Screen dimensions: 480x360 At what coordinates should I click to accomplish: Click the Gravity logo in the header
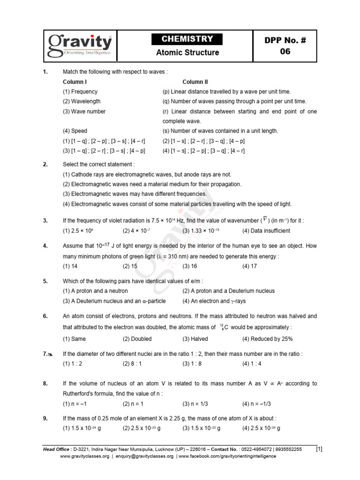[80, 45]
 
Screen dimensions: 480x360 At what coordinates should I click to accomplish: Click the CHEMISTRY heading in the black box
[187, 39]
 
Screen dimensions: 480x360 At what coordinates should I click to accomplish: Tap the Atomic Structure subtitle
[187, 52]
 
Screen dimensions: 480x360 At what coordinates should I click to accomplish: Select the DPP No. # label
[285, 41]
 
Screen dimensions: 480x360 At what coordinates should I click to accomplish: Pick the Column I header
[75, 82]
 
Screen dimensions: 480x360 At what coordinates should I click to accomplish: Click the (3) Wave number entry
[84, 112]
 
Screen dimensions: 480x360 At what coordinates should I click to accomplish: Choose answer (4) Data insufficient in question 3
[266, 231]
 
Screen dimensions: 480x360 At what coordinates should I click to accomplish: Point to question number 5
[45, 281]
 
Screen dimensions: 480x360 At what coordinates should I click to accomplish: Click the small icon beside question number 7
[50, 355]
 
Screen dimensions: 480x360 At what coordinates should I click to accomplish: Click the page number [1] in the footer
[319, 449]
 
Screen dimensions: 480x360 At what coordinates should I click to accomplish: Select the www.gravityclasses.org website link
[84, 456]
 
